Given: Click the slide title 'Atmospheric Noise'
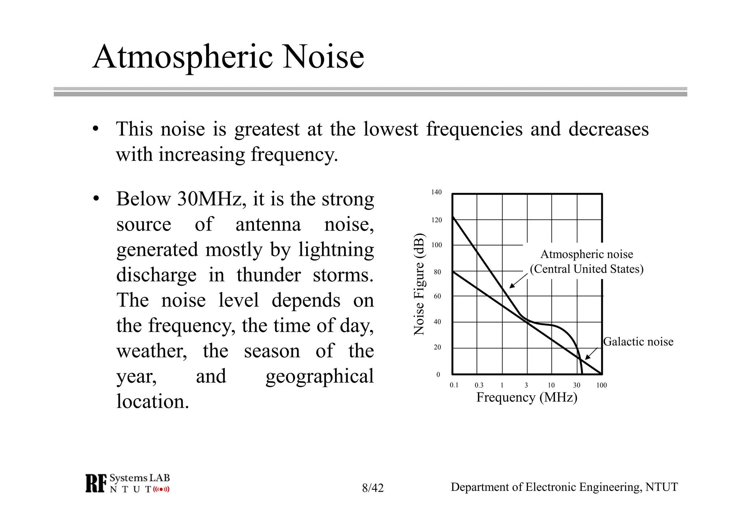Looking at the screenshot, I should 228,57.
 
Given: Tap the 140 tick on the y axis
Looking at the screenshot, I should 436,192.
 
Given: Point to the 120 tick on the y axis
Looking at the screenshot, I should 437,220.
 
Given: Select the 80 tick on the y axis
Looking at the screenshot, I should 437,272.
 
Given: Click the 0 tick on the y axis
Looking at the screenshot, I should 438,374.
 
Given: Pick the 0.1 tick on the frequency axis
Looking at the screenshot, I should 454,385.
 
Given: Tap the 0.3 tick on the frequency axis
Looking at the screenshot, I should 479,385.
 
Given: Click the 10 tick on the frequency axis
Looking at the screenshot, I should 551,385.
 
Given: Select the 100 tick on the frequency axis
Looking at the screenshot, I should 601,385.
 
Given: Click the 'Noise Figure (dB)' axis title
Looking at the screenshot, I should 419,284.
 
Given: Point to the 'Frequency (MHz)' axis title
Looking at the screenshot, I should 527,397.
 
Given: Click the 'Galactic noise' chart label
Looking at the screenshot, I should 638,342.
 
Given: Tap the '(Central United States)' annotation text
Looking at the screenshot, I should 587,269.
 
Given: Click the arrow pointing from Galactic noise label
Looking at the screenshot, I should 591,354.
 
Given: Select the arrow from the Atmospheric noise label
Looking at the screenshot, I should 518,281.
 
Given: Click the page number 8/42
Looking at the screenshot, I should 373,488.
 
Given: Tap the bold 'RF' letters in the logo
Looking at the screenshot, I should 96,484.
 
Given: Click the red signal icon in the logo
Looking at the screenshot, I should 161,490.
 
